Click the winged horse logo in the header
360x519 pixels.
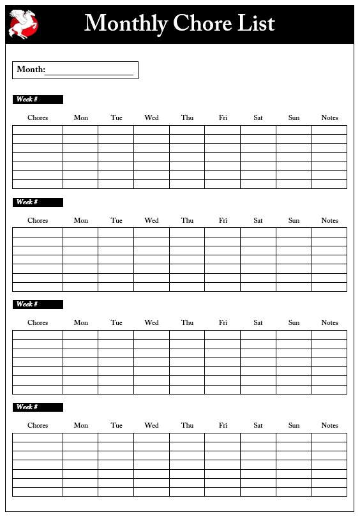[24, 24]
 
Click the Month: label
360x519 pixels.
[31, 70]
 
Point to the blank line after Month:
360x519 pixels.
[89, 71]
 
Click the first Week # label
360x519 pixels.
[27, 100]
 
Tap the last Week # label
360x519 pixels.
[27, 407]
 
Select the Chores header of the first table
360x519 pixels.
[38, 117]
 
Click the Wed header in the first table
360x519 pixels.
[151, 117]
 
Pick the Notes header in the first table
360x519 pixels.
[329, 117]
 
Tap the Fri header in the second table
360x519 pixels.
[223, 220]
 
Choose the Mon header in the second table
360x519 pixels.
[81, 220]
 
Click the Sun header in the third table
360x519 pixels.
[294, 322]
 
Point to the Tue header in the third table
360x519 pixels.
[116, 322]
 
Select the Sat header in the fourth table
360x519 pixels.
[258, 425]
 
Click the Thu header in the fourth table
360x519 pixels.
[187, 425]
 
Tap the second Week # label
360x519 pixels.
[27, 202]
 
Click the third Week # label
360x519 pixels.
[27, 305]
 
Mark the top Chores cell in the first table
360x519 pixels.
[38, 130]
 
